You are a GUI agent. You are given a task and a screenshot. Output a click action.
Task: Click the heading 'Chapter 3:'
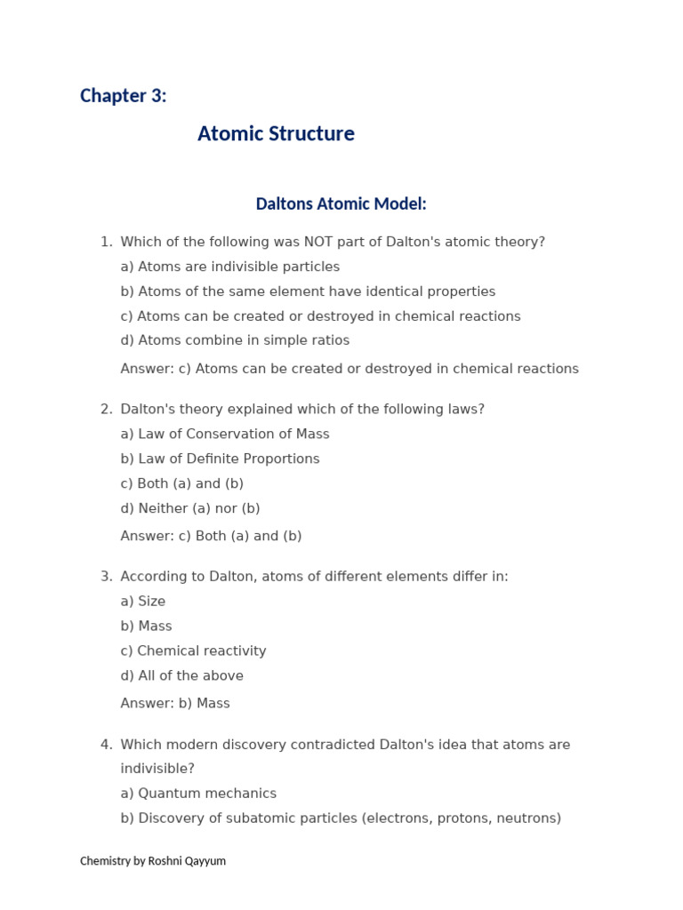click(x=123, y=96)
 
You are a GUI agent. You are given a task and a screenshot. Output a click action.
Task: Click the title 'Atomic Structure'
click(x=276, y=134)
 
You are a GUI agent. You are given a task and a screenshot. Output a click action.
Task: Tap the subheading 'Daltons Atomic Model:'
click(x=341, y=204)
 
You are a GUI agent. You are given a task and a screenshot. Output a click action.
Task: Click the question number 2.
click(x=106, y=410)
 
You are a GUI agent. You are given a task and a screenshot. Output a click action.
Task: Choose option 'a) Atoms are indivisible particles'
click(x=229, y=267)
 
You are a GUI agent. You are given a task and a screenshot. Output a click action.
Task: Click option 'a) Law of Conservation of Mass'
click(x=225, y=435)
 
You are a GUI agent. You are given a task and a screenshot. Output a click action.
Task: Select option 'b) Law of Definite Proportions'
click(x=220, y=459)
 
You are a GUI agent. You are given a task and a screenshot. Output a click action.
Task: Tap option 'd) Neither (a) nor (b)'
click(x=190, y=509)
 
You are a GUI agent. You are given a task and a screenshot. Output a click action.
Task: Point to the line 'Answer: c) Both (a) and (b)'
click(x=211, y=536)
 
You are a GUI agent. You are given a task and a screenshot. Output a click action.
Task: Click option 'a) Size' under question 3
click(x=143, y=602)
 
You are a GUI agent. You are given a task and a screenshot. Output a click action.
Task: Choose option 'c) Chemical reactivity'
click(x=193, y=651)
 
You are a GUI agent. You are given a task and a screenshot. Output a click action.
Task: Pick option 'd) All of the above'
click(x=181, y=676)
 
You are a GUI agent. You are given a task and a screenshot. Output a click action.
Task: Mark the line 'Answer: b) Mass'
click(x=175, y=704)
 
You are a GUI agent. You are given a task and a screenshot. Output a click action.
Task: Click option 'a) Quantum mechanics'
click(x=198, y=794)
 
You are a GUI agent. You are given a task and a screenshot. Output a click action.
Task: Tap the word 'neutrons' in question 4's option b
click(x=526, y=818)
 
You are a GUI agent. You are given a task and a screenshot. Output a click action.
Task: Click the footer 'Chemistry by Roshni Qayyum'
click(x=153, y=861)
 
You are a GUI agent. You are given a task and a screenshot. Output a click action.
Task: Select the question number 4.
click(x=106, y=745)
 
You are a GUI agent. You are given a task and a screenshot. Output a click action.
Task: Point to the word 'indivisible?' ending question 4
click(x=157, y=769)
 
